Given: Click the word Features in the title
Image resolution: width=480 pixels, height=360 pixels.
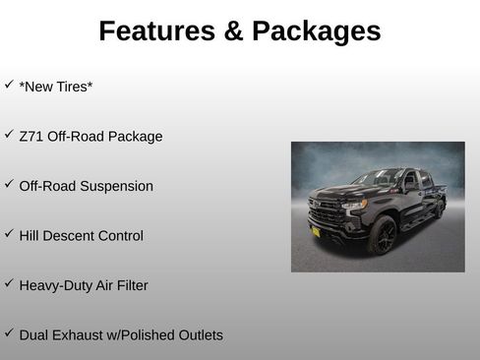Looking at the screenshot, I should (157, 31).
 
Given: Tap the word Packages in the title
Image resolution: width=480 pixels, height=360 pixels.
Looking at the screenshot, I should (316, 31).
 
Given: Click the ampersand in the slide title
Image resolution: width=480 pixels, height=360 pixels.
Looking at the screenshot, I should (234, 31).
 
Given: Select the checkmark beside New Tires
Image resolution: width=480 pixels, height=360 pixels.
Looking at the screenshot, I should (9, 85).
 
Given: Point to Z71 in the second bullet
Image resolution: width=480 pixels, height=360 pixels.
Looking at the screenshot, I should (31, 137).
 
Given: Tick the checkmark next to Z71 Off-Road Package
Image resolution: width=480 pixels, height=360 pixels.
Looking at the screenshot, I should (9, 134).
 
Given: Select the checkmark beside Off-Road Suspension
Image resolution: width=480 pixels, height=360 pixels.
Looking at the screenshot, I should (9, 184).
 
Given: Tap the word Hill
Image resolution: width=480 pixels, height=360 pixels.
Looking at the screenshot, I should (30, 236).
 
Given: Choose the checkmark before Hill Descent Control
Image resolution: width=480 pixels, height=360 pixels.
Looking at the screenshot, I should (9, 233).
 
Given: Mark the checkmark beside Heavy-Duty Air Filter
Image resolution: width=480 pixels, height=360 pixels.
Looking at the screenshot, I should (9, 283).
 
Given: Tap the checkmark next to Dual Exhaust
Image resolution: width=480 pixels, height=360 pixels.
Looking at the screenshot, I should (9, 332).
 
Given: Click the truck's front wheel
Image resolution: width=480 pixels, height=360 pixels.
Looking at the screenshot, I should (381, 235).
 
